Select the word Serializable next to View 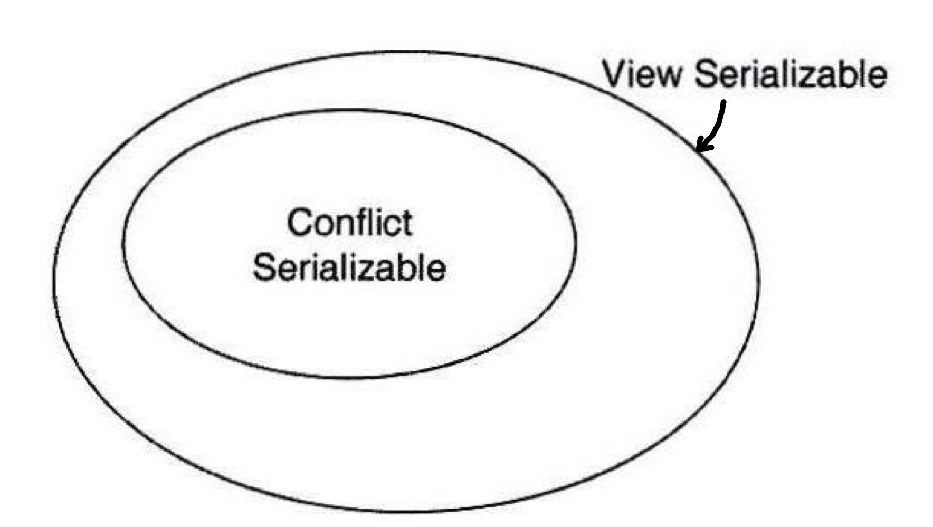[x=790, y=74]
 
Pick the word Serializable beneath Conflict [x=349, y=267]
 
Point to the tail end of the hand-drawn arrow [x=724, y=102]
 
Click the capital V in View [x=615, y=74]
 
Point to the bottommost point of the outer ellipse [x=406, y=512]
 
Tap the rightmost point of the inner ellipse [x=575, y=240]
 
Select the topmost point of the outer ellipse [x=406, y=52]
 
